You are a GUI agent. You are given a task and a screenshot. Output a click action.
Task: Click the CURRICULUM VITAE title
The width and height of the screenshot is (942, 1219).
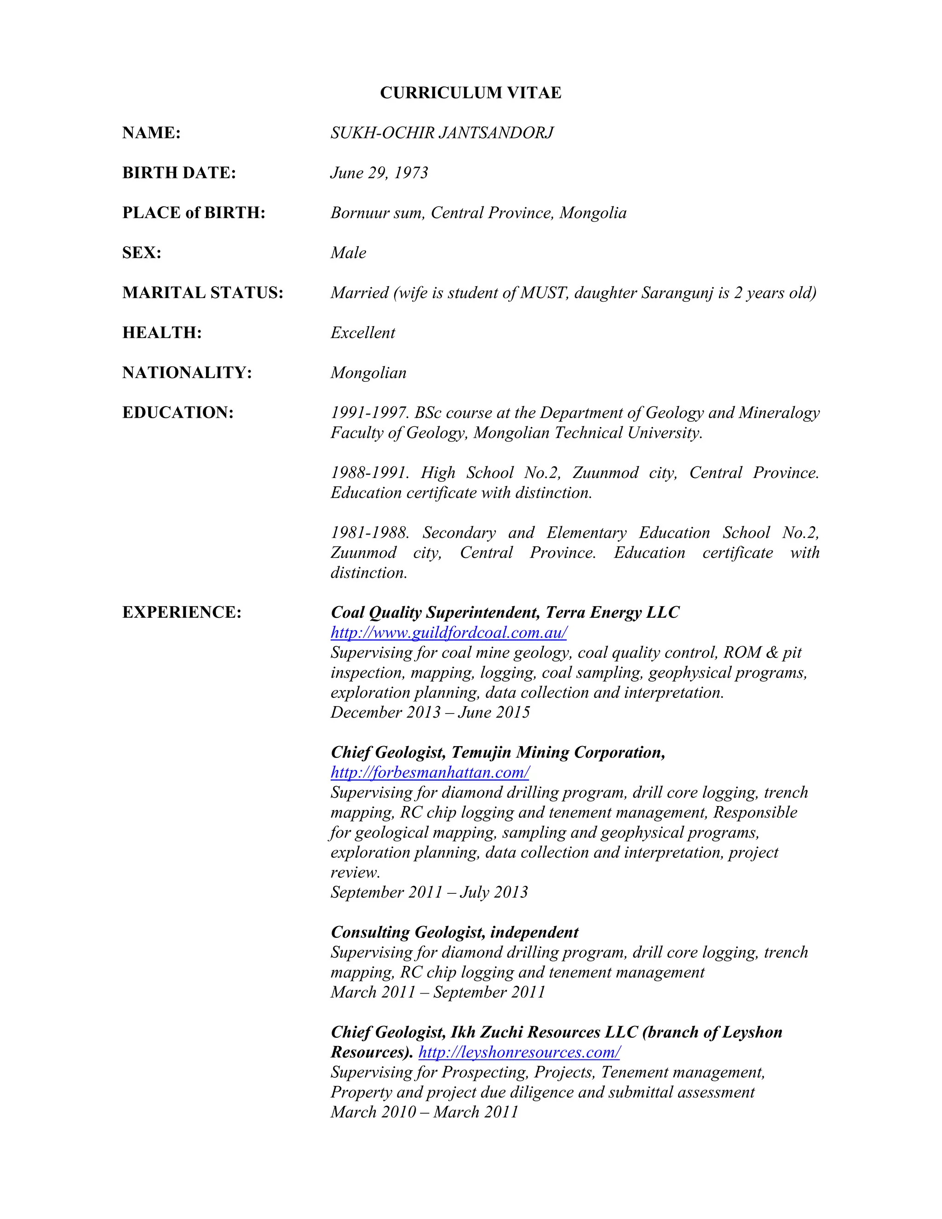(x=471, y=92)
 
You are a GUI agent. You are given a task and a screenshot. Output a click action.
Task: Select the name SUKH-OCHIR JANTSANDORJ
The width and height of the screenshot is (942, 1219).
(x=442, y=133)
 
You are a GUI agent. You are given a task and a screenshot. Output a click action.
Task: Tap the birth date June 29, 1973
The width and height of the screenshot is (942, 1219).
(x=379, y=173)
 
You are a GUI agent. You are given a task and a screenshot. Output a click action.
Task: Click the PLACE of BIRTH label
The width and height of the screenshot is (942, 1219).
(x=194, y=213)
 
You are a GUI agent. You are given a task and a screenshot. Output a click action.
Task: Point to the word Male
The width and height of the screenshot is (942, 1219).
(x=348, y=253)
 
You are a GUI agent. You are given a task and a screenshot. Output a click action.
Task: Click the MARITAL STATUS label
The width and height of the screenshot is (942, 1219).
(x=202, y=293)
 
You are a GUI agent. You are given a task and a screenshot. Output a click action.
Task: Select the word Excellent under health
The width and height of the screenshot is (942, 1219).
(x=363, y=333)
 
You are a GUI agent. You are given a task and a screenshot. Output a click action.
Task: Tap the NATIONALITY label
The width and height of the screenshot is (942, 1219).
(x=187, y=372)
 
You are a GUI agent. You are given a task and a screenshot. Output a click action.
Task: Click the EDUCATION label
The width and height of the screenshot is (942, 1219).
(x=178, y=413)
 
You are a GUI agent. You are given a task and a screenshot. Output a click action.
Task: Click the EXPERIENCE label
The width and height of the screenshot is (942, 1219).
(x=181, y=612)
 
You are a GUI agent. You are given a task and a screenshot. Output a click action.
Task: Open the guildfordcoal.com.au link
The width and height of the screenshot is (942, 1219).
(x=448, y=632)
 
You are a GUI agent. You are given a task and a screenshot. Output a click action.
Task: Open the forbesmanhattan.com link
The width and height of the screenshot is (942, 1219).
(x=430, y=772)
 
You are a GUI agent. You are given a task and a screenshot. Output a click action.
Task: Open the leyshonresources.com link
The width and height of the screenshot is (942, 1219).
(x=519, y=1052)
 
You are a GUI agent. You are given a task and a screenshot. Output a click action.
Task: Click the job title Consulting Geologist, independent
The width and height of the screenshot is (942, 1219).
(x=454, y=932)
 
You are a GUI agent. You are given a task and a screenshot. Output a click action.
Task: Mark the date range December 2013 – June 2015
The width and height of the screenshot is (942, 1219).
(x=430, y=712)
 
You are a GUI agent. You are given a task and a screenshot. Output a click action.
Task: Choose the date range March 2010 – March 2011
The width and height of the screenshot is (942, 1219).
(x=424, y=1112)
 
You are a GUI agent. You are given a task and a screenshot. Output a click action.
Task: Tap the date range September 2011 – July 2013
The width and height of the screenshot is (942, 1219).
(x=429, y=892)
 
